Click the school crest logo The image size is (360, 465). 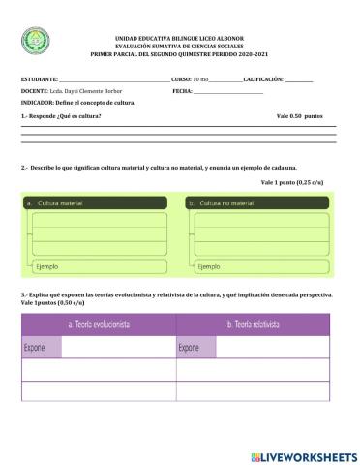click(34, 43)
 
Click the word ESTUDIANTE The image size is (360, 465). click(40, 77)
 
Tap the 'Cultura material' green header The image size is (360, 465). click(59, 203)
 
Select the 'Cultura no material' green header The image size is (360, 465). click(227, 203)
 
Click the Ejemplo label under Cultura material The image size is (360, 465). click(46, 265)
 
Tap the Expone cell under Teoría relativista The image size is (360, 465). click(190, 347)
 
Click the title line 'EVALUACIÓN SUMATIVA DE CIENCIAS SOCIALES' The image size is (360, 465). click(179, 45)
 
